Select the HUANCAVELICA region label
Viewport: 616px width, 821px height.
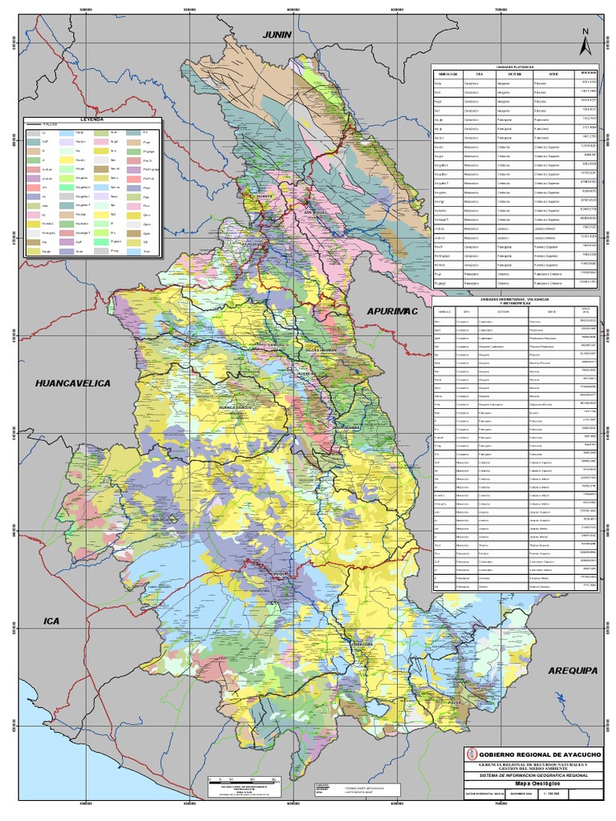[71, 384]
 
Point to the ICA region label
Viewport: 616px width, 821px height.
[52, 621]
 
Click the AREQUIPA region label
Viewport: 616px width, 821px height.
[573, 669]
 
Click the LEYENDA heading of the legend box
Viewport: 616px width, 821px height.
[92, 119]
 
